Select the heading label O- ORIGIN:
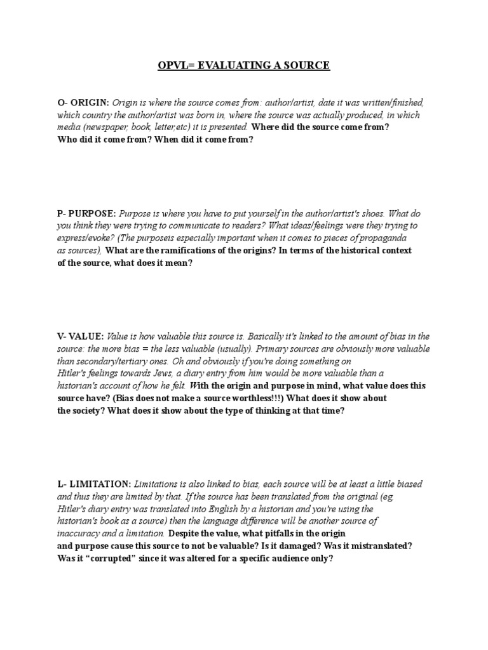point(83,103)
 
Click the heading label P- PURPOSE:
point(86,213)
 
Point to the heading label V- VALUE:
point(80,336)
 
